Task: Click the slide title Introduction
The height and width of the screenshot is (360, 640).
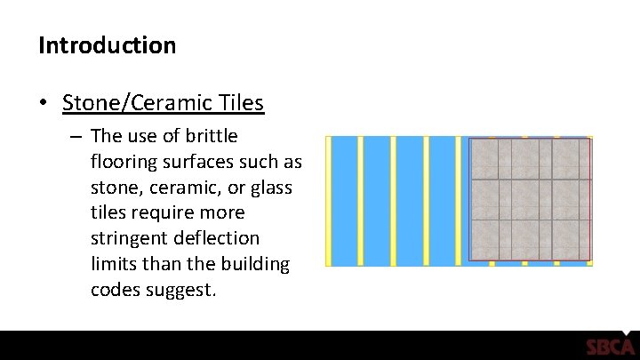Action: [107, 44]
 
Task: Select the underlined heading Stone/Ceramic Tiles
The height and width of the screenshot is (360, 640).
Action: [163, 103]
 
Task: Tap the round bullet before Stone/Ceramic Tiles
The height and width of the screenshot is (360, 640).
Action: [44, 104]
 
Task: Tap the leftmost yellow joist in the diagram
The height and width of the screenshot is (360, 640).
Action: [328, 201]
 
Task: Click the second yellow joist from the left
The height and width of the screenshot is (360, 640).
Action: [360, 201]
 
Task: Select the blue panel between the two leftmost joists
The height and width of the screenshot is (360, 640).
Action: [344, 201]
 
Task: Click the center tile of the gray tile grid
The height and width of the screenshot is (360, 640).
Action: [531, 200]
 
